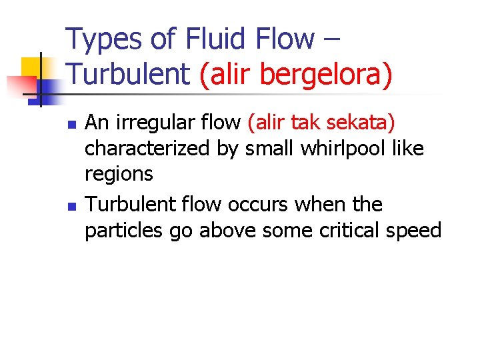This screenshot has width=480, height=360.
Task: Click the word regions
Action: (119, 175)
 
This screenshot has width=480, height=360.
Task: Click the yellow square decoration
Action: (31, 67)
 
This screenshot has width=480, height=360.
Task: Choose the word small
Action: (267, 149)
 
